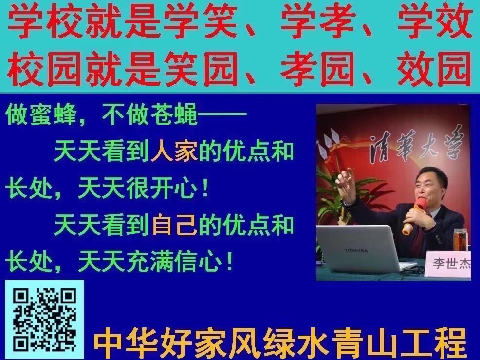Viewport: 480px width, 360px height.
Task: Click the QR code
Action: (x=44, y=320)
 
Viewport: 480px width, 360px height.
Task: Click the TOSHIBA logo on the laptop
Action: (x=356, y=251)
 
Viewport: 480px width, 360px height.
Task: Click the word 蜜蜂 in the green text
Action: (x=53, y=114)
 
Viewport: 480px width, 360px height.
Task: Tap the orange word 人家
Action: (x=174, y=152)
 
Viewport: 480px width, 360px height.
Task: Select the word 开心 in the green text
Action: (x=174, y=188)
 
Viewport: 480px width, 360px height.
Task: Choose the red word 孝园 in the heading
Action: (x=317, y=69)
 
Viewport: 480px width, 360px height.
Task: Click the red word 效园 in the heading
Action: (x=434, y=69)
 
